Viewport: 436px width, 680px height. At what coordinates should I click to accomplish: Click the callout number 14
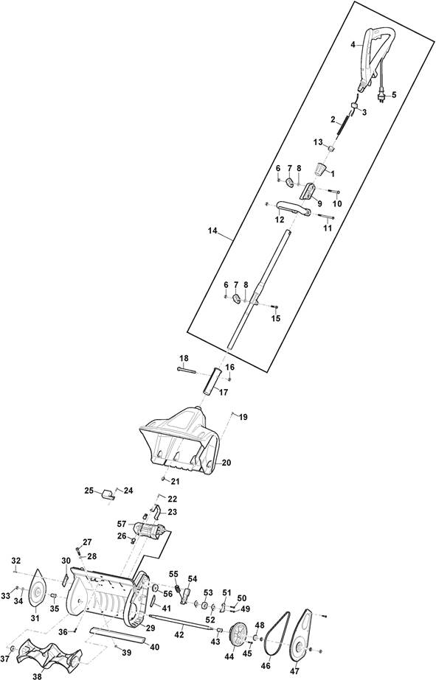point(212,231)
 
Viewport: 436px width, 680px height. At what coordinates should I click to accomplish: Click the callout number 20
point(226,463)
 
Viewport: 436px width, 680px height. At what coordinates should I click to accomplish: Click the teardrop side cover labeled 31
point(37,588)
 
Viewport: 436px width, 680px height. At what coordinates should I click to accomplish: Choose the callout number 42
point(179,634)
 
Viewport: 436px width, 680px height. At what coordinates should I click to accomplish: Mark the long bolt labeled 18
point(187,370)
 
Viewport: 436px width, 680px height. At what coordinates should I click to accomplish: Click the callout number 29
point(150,628)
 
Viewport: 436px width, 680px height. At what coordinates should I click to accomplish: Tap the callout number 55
point(173,574)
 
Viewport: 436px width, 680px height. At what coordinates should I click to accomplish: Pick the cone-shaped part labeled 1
point(321,169)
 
